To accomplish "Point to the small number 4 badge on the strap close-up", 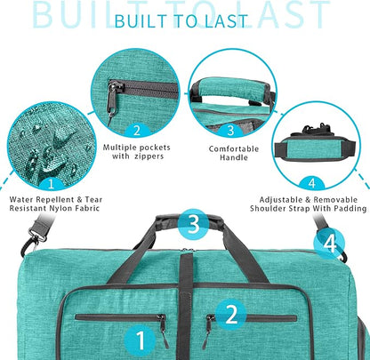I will tap(311, 181).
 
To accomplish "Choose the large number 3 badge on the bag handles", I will tap(193, 224).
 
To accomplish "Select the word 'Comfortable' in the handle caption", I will tap(229, 149).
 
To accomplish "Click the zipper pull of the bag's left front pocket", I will tap(161, 330).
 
